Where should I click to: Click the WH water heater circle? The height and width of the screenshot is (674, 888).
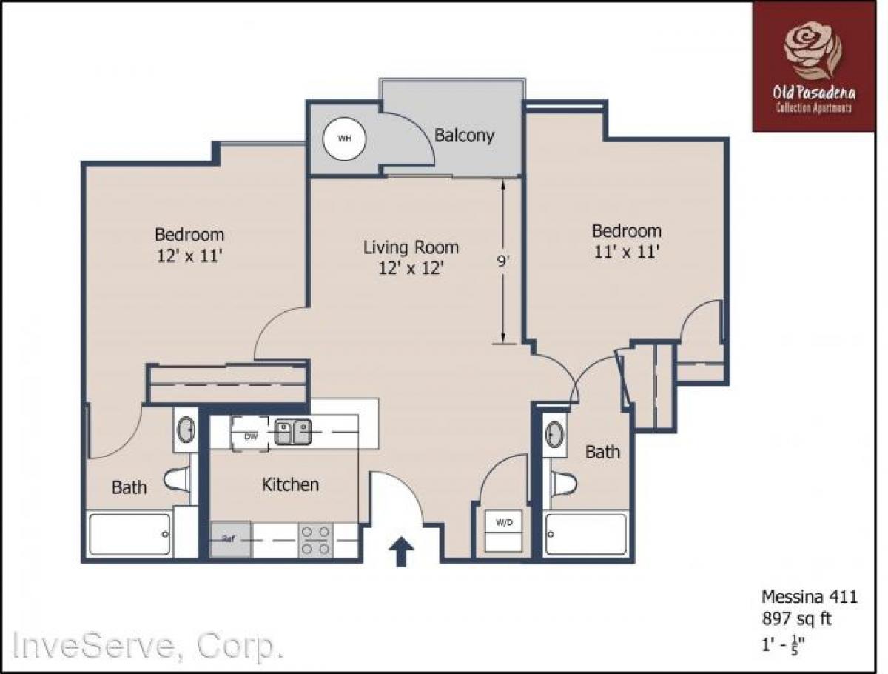[344, 139]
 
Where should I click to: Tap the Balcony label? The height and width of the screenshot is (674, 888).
[464, 136]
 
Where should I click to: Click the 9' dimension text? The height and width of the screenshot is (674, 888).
[503, 261]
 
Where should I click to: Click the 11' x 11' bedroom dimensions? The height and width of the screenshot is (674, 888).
[626, 251]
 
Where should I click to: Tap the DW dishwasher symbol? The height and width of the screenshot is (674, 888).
[251, 436]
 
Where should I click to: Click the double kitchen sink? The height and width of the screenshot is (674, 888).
[293, 432]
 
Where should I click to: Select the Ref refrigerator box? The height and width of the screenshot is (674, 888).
[229, 539]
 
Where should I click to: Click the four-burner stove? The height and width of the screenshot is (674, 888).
[314, 539]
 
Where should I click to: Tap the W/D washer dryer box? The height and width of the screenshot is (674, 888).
[504, 523]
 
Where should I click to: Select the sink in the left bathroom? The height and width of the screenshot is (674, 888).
[185, 429]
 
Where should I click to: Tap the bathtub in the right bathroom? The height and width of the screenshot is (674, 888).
[586, 534]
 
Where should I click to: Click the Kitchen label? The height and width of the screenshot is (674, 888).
[290, 485]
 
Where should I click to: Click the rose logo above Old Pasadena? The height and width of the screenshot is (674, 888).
[813, 50]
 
